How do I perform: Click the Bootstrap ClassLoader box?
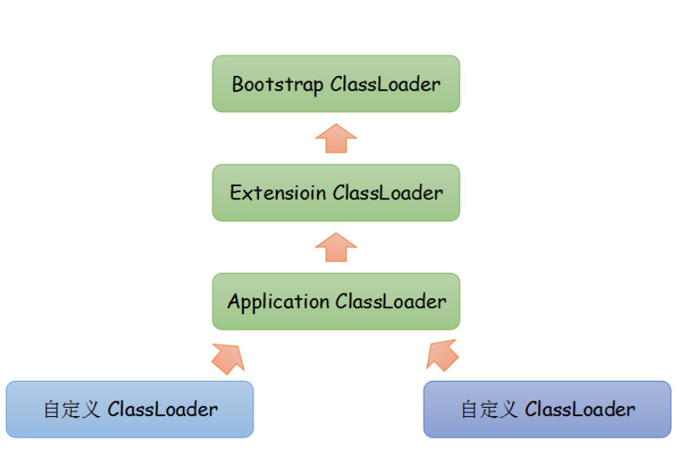tap(336, 83)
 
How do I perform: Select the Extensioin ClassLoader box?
tap(336, 192)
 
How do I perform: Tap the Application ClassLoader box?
tap(336, 301)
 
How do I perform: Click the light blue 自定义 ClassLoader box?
tap(130, 409)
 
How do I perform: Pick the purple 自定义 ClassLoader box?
tap(547, 409)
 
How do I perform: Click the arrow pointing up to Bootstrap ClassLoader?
tap(336, 138)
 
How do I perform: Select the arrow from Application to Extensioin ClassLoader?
tap(336, 247)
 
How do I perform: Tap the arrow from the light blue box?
tap(227, 356)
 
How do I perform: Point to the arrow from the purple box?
tap(442, 355)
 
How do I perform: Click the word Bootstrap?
tap(278, 84)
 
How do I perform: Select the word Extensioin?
tap(278, 193)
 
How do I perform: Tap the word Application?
tap(278, 302)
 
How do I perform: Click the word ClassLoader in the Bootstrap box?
tap(386, 84)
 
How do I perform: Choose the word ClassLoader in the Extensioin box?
tap(388, 193)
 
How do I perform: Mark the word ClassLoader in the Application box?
tap(390, 302)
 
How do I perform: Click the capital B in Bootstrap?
tap(238, 84)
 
